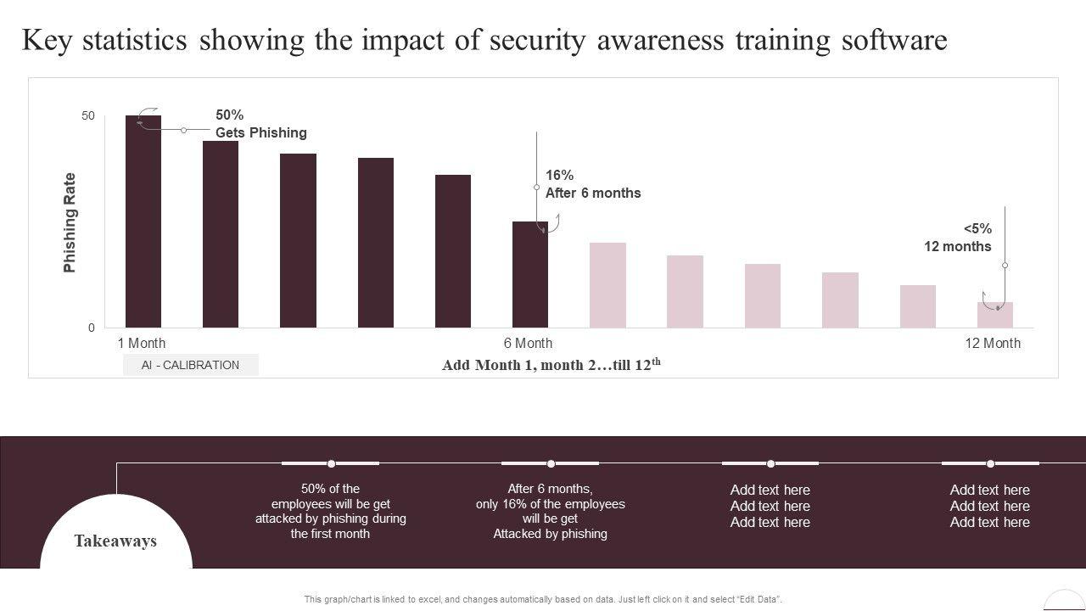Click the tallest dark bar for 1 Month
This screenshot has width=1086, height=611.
tap(143, 221)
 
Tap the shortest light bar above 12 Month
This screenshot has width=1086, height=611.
tap(994, 315)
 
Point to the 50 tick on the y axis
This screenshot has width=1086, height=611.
tap(88, 116)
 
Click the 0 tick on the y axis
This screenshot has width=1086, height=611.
tap(92, 328)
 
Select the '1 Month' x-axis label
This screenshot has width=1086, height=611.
tap(142, 344)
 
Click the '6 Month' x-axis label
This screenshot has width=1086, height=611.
tap(528, 344)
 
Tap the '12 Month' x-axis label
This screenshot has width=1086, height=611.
tap(993, 344)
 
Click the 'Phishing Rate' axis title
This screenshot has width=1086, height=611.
tap(70, 222)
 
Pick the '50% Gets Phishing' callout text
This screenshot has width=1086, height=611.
tap(260, 124)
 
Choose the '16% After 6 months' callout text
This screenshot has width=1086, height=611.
tap(592, 184)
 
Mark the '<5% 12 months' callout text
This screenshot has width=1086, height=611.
tap(958, 238)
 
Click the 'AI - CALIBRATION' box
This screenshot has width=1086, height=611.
tap(190, 365)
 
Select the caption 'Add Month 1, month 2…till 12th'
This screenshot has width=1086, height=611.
tap(551, 365)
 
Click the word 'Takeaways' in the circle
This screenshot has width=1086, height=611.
tap(115, 541)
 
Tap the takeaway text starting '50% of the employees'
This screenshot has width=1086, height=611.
tap(330, 511)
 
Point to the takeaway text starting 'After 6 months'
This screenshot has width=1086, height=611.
tap(550, 511)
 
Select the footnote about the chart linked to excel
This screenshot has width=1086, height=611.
tap(543, 599)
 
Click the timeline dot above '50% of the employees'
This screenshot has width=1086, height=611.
tap(331, 463)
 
